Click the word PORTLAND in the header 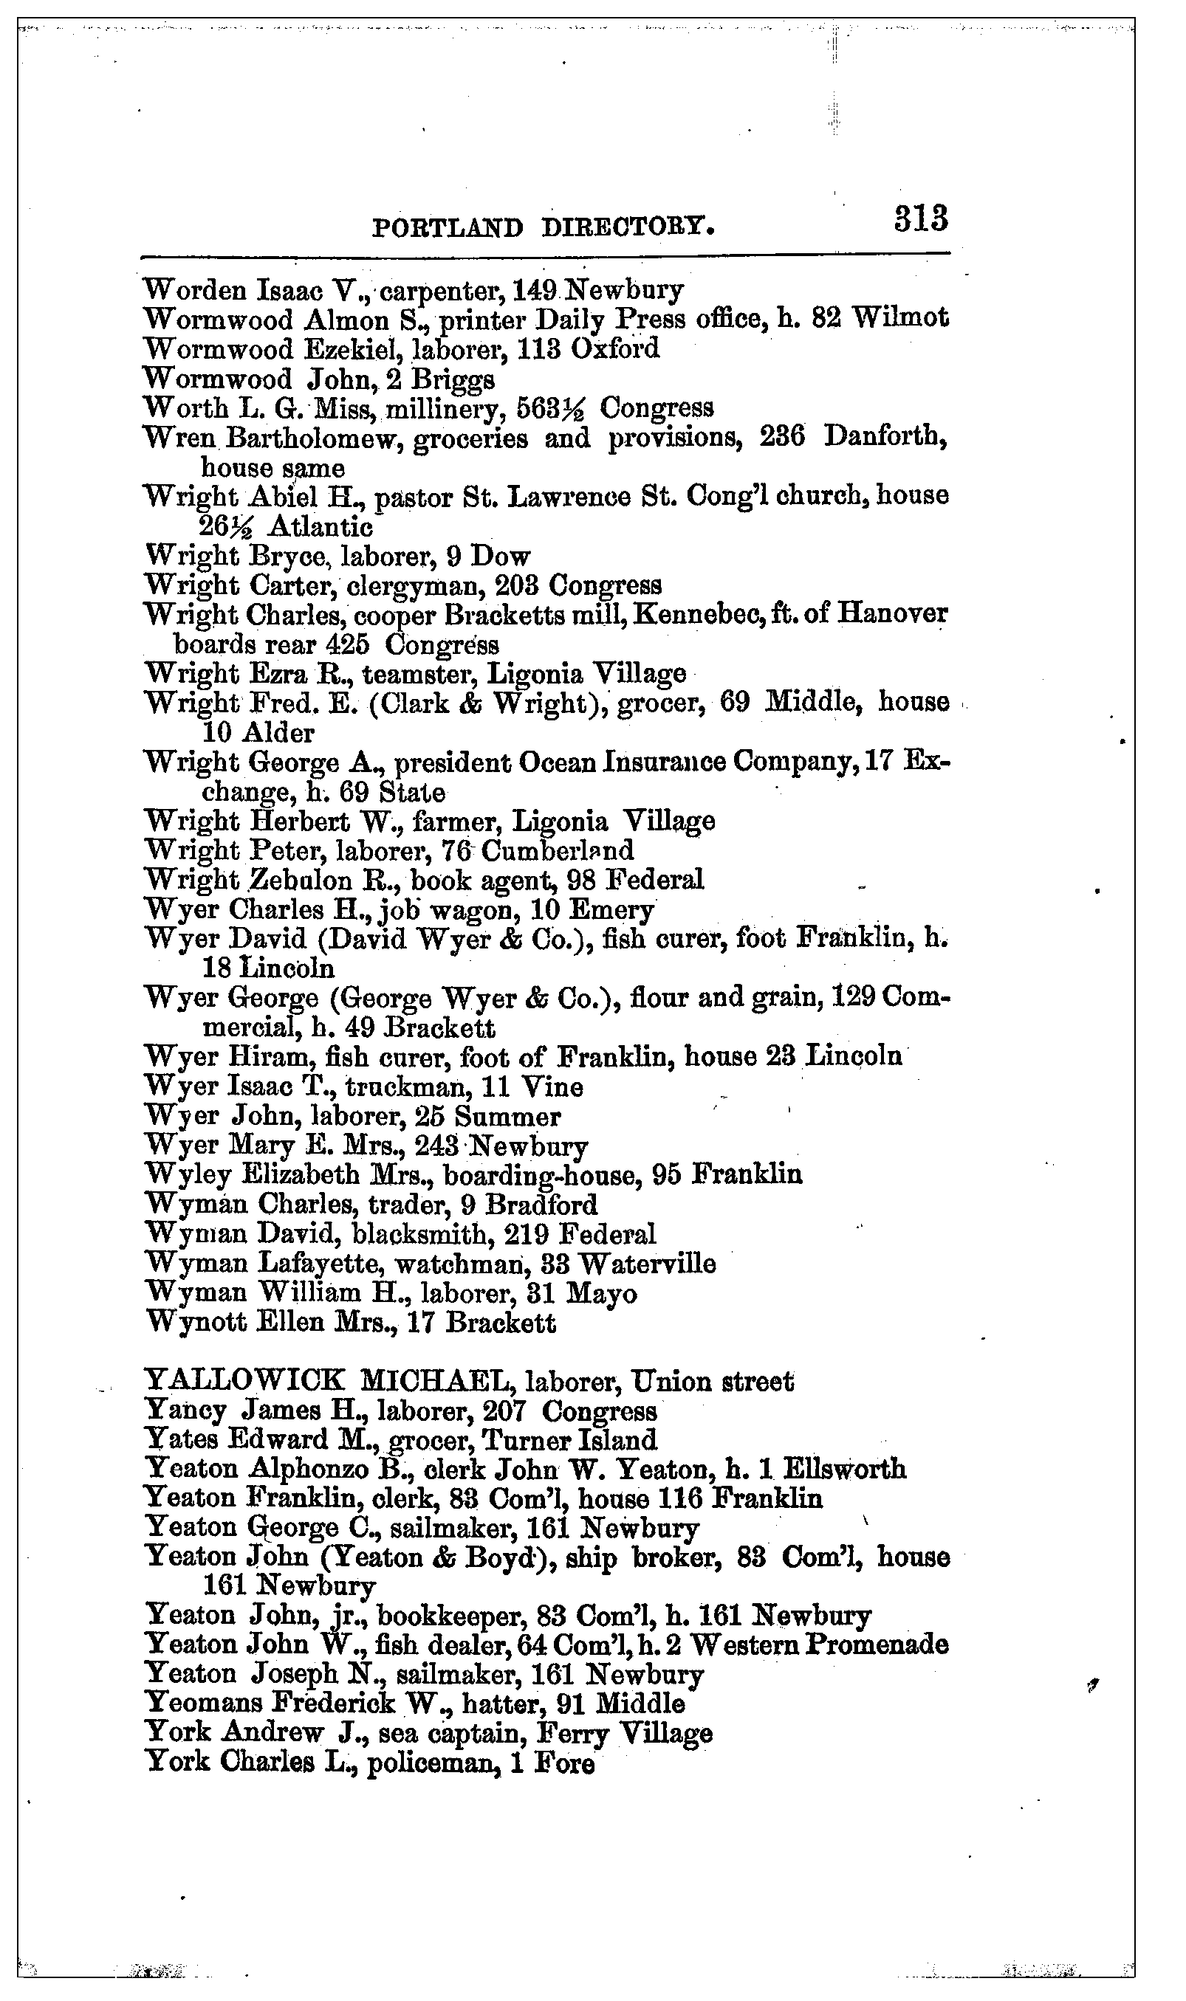pyautogui.click(x=448, y=229)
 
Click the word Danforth pyautogui.click(x=885, y=437)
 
